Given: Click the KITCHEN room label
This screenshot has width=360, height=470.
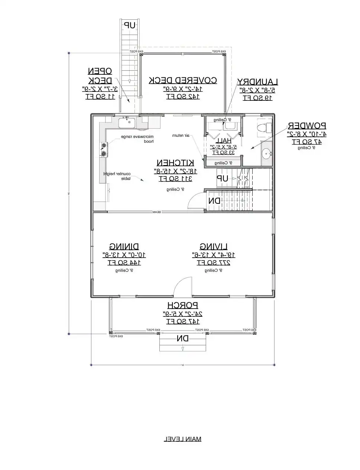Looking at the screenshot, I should pyautogui.click(x=175, y=163).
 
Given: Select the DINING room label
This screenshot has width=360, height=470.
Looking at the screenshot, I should pyautogui.click(x=124, y=247).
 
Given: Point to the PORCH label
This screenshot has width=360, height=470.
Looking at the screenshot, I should pyautogui.click(x=182, y=306).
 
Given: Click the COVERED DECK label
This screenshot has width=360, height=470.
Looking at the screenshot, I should pyautogui.click(x=183, y=80).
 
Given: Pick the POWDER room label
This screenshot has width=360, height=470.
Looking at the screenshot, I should pyautogui.click(x=307, y=126).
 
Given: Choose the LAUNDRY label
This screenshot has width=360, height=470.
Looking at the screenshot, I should pyautogui.click(x=258, y=82).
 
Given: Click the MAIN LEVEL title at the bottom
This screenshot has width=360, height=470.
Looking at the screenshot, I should pyautogui.click(x=182, y=439).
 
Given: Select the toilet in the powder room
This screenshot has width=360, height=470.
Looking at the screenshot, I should pyautogui.click(x=264, y=127).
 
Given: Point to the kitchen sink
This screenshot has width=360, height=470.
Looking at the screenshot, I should pyautogui.click(x=127, y=122).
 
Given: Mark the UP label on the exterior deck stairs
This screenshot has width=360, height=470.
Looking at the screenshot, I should pyautogui.click(x=129, y=25).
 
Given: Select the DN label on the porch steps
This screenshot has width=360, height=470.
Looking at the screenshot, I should pyautogui.click(x=182, y=339).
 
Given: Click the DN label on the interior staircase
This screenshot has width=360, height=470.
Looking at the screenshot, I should pyautogui.click(x=214, y=201).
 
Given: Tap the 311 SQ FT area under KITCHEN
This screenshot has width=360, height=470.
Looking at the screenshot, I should pyautogui.click(x=175, y=178).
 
